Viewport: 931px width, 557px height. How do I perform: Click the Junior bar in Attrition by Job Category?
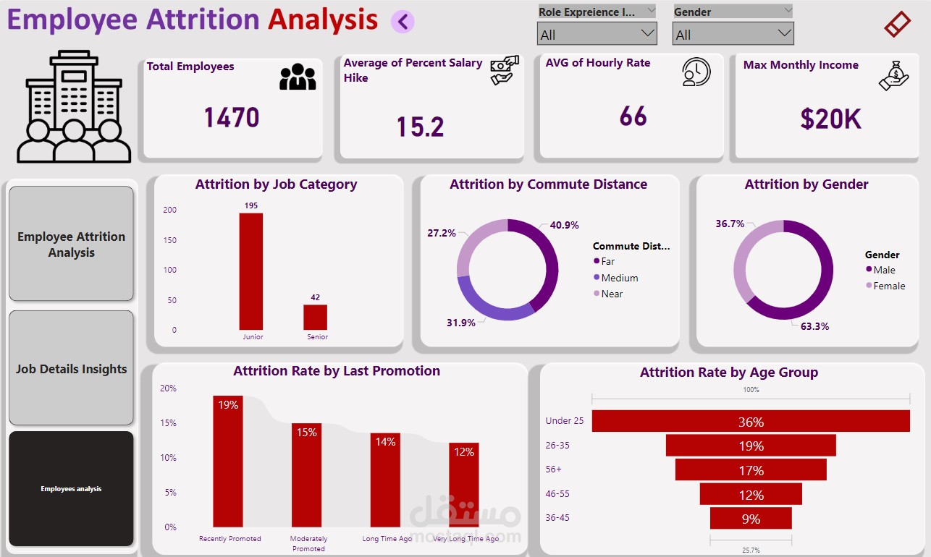[x=251, y=271]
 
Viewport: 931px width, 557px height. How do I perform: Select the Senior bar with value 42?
[x=316, y=317]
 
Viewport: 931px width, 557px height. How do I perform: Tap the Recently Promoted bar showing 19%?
[x=228, y=461]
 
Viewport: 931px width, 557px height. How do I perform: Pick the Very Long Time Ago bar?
[x=464, y=485]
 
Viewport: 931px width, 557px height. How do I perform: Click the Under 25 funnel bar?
[x=751, y=421]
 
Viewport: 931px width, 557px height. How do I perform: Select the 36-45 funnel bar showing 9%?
[x=751, y=518]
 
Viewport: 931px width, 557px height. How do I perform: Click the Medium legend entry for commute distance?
[x=619, y=278]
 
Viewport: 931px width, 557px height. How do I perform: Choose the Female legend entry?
[x=888, y=286]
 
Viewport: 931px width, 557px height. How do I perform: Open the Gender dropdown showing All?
[x=733, y=33]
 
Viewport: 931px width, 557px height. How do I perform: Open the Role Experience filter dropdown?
[x=597, y=33]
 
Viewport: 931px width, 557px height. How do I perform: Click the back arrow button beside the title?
[x=403, y=22]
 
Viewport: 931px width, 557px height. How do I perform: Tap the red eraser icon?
[x=897, y=25]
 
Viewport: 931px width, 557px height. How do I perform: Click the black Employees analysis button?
[x=71, y=489]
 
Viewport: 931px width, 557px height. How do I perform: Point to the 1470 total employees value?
[x=232, y=117]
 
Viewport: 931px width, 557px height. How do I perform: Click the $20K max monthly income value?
[x=830, y=119]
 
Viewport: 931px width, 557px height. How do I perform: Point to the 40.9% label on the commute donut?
[x=564, y=226]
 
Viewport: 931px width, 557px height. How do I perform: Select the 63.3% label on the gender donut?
[x=814, y=326]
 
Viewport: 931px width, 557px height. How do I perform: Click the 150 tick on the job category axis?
[x=169, y=240]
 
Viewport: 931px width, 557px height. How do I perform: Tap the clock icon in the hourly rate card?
[x=696, y=72]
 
